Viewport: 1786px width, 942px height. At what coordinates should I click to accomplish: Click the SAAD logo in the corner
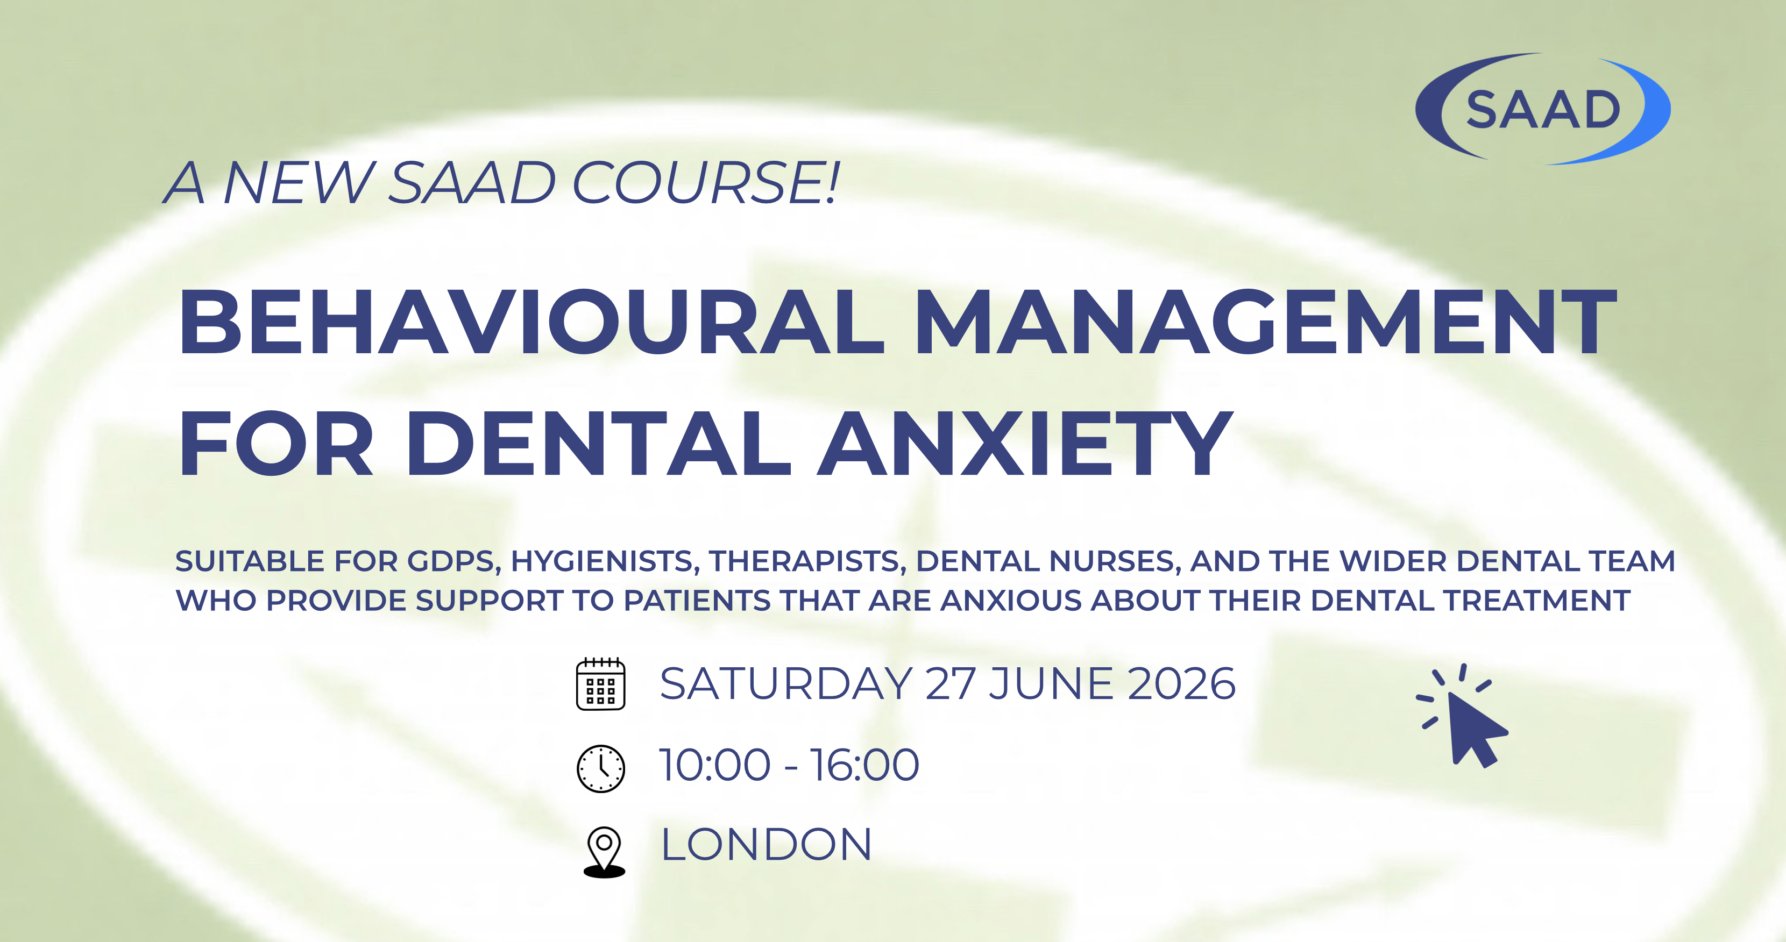pos(1543,109)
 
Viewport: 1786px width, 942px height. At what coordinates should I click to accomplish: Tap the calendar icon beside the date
pos(600,684)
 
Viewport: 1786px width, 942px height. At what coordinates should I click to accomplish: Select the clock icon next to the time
pos(600,768)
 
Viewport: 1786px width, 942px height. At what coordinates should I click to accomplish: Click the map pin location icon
pos(604,851)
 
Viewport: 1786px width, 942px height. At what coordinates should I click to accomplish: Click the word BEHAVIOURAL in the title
pos(531,322)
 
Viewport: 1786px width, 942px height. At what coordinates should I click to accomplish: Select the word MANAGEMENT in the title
pos(1266,322)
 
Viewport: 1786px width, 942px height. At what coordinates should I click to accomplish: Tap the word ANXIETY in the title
pos(1025,444)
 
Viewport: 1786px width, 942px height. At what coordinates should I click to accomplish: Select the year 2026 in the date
pos(1181,684)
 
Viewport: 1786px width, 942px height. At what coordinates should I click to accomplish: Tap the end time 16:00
pos(864,765)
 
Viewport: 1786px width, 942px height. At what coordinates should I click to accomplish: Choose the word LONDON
pos(766,845)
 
